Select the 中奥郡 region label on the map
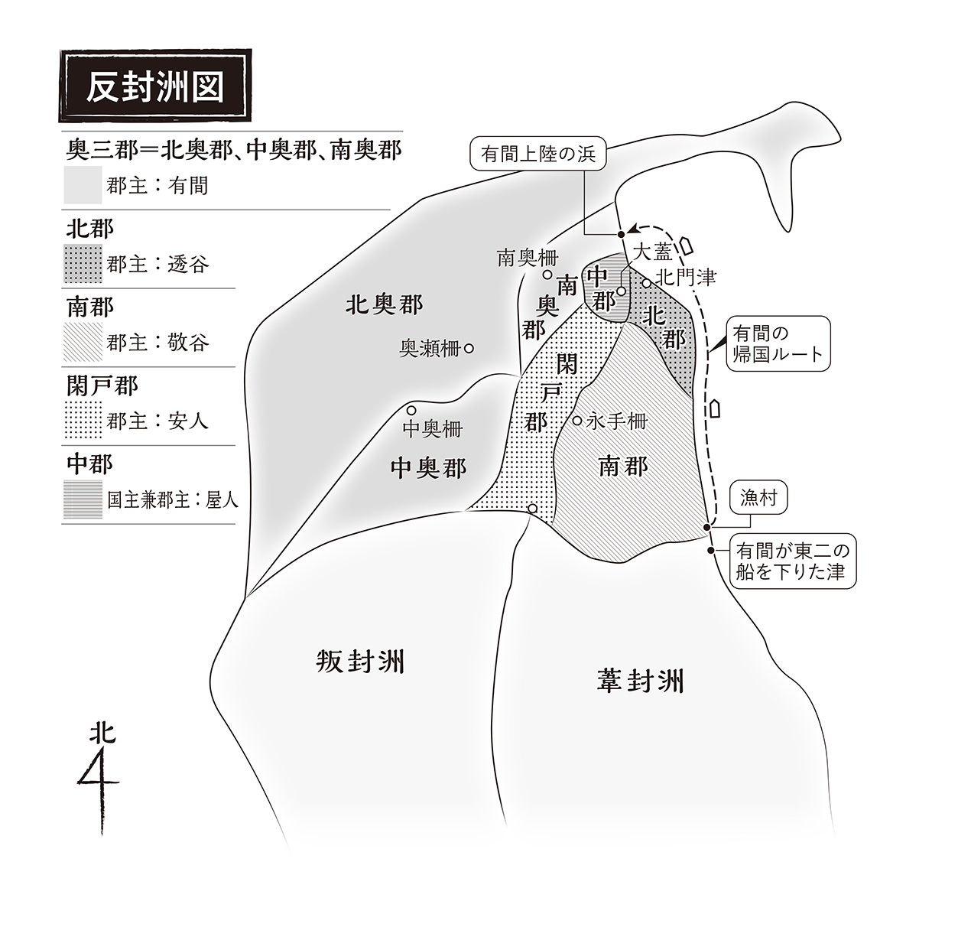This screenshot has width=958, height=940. [428, 469]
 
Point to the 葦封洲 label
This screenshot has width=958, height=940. [641, 681]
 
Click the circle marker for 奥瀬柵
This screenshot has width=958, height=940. [469, 349]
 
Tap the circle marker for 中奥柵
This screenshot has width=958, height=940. [411, 410]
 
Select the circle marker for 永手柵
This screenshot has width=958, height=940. [576, 421]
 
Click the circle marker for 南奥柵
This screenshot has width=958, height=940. [547, 274]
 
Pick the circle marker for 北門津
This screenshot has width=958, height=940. [647, 283]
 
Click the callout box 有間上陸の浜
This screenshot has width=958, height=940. [538, 154]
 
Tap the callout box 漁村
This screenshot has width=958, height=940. [758, 497]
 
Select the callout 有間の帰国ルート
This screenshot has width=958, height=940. [778, 343]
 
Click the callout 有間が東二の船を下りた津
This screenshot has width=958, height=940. [792, 561]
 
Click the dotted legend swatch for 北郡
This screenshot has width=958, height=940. [83, 264]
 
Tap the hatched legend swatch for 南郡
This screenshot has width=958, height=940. [83, 342]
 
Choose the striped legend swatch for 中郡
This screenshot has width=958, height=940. [83, 499]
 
